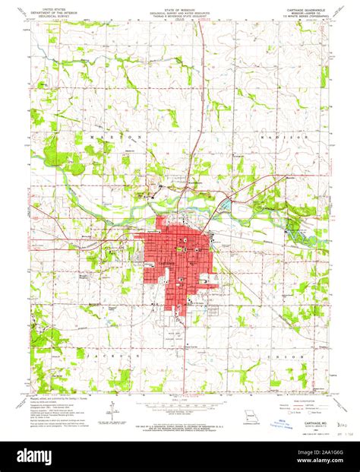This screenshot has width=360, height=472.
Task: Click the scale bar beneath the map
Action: pos(180,410)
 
